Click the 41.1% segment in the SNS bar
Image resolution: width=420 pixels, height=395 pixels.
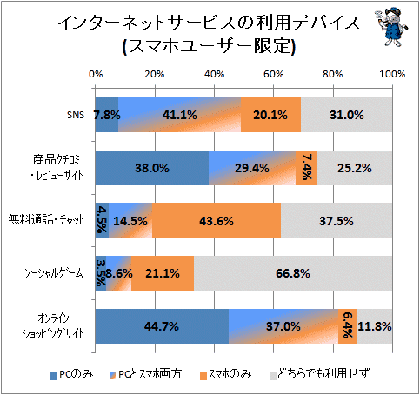coord(179,115)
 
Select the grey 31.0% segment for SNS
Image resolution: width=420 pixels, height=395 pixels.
coord(346,115)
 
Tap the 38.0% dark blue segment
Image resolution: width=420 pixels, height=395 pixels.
coord(152,168)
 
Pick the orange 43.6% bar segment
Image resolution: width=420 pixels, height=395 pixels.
coord(217,221)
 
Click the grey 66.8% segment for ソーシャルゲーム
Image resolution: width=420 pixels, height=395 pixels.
coord(293,273)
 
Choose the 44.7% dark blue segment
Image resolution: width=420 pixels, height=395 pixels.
coord(162,326)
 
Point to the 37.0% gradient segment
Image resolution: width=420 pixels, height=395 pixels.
coord(283,326)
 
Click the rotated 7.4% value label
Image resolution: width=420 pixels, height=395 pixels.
coord(306,167)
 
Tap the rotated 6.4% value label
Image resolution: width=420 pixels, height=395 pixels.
coord(348,325)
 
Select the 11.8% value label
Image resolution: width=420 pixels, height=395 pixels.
coord(375,326)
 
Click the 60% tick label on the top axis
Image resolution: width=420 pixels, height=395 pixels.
coord(273,74)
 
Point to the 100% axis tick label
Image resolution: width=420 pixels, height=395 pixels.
coord(392,74)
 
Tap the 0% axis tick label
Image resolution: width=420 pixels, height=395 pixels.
coord(96,74)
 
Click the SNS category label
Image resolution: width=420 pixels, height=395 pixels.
coord(76,115)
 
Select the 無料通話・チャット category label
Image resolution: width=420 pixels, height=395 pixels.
coord(46,220)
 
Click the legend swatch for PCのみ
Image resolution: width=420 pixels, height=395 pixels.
coord(53,376)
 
